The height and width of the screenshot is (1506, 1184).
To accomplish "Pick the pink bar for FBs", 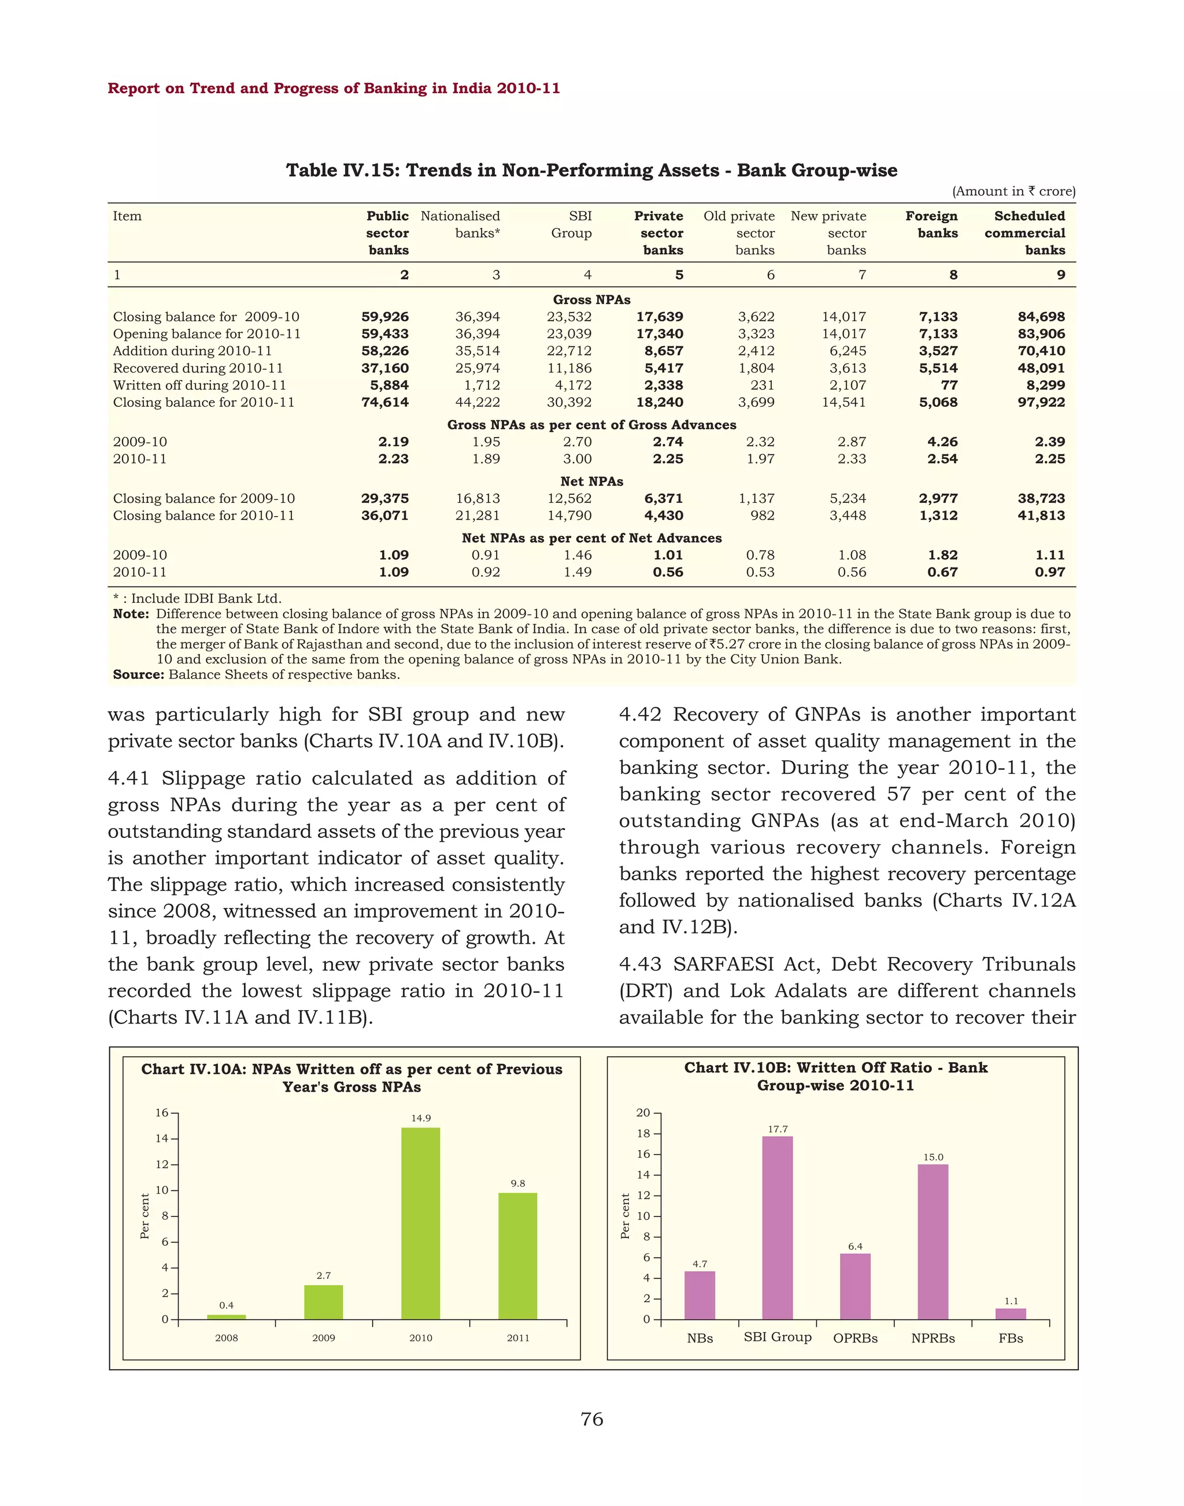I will click(x=1010, y=1314).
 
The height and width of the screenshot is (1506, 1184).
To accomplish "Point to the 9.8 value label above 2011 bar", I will click(x=518, y=1184).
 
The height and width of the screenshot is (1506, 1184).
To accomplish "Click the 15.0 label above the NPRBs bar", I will click(x=933, y=1158).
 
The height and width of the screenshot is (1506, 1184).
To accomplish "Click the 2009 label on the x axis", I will click(x=323, y=1338).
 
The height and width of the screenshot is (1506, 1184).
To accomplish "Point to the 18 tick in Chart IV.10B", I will click(x=643, y=1134).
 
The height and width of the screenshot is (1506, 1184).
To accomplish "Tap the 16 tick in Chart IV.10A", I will click(x=161, y=1113).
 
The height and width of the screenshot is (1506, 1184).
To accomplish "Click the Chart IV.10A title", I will click(x=351, y=1078).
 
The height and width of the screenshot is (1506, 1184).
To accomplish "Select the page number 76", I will click(x=591, y=1419).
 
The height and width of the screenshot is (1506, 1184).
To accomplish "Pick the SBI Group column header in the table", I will click(x=572, y=225).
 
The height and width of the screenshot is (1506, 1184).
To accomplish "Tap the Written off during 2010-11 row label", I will click(x=199, y=385).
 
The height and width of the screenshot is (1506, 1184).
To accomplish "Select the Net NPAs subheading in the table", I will click(x=591, y=481).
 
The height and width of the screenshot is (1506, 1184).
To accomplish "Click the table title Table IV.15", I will click(x=591, y=170).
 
